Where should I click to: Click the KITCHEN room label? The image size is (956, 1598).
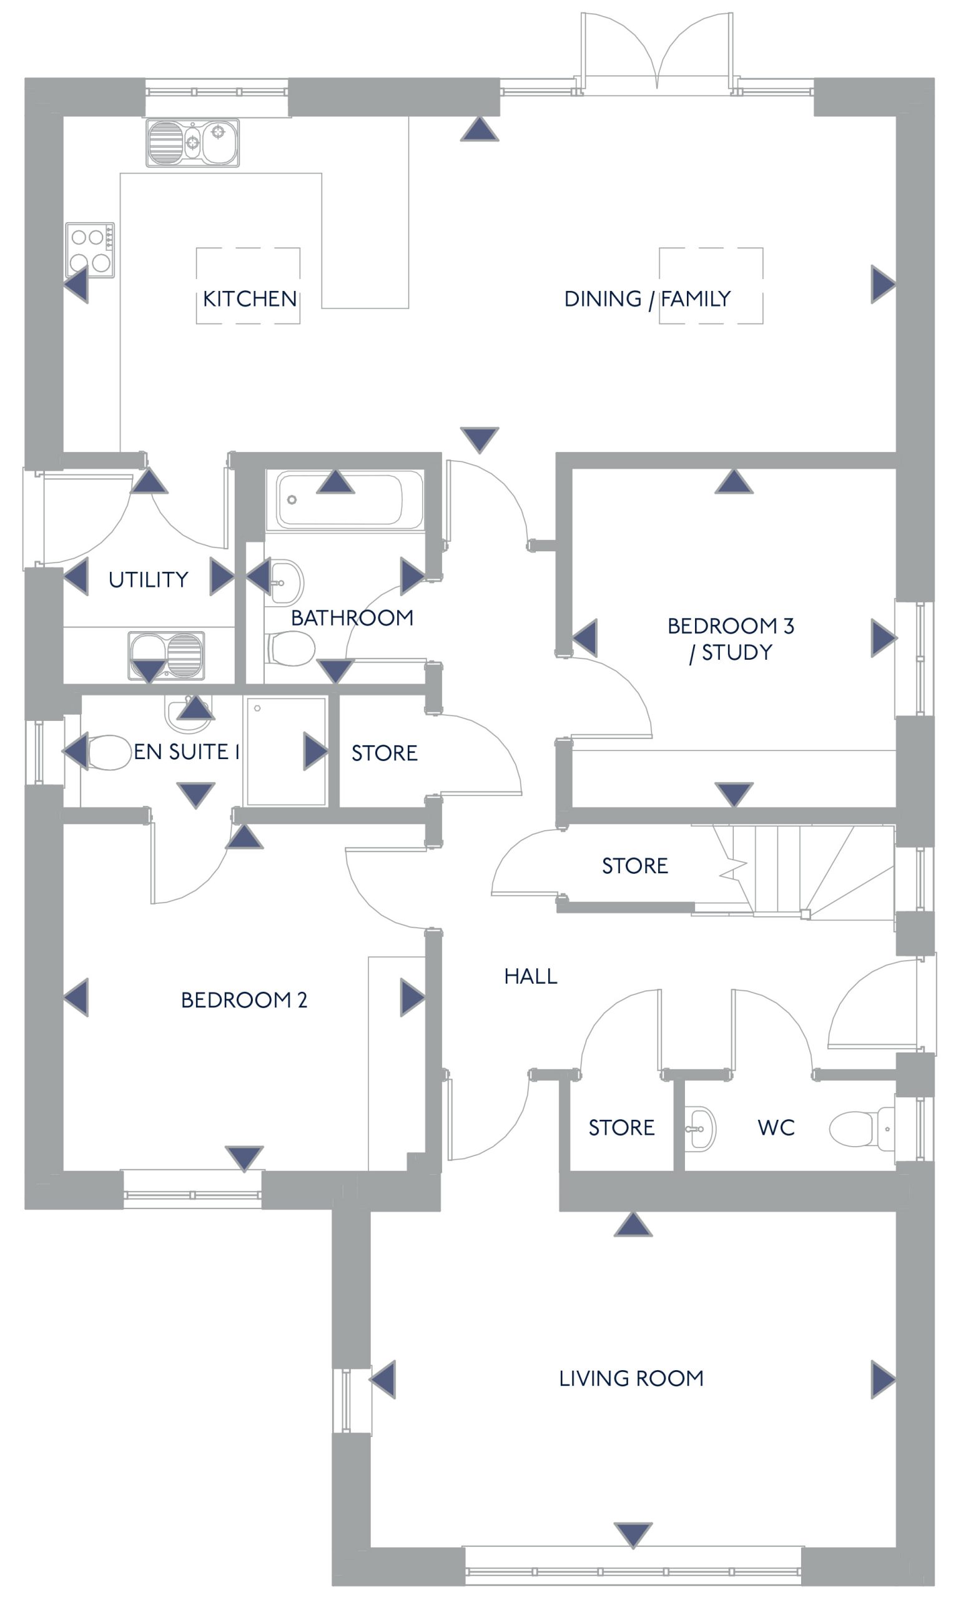(249, 299)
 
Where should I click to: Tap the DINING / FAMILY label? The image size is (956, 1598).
(647, 299)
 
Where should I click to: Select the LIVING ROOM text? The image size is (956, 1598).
(631, 1378)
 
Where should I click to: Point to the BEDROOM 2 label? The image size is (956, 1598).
(244, 1000)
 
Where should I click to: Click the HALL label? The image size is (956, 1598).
(530, 976)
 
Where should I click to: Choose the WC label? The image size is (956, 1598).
(776, 1127)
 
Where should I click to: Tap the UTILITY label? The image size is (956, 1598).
(148, 579)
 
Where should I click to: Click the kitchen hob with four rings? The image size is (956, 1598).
(90, 250)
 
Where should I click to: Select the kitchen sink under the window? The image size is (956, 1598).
(192, 143)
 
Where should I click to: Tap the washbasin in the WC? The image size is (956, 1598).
(699, 1129)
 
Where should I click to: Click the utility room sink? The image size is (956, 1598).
(166, 655)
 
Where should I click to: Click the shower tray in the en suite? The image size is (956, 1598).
(286, 751)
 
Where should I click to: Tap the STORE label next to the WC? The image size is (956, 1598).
(621, 1127)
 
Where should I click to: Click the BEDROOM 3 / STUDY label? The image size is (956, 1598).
(731, 638)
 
